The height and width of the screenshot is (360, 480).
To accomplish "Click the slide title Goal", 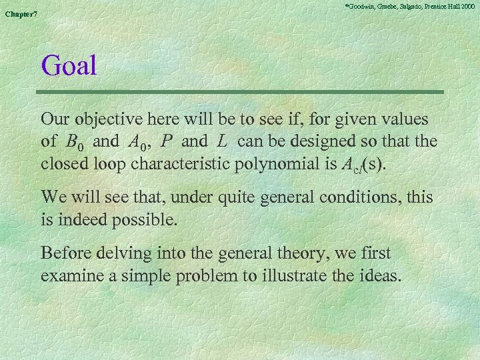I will pyautogui.click(x=69, y=66).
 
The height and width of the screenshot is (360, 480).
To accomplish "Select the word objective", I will pyautogui.click(x=107, y=121).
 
